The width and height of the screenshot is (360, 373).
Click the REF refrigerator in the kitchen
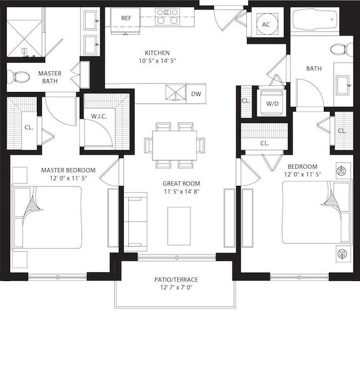point(126,17)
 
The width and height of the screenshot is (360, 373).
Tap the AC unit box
point(266,24)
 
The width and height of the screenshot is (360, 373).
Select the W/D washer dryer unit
point(272,103)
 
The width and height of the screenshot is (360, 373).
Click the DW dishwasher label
point(196,94)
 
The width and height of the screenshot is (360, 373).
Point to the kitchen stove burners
point(167,16)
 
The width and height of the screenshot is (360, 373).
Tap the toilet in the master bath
point(18,77)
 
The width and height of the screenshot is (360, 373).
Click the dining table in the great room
point(174,145)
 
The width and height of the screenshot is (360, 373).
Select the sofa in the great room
point(135,223)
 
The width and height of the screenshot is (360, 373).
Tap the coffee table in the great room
point(179,225)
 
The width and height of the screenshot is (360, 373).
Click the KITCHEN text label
point(156,53)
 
